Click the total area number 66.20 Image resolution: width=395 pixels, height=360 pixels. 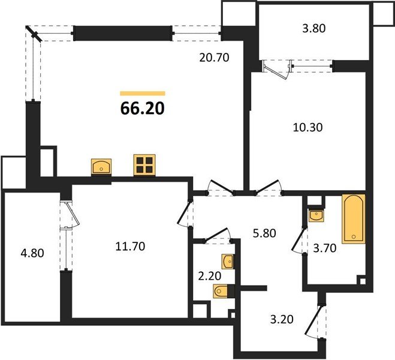coord(143,109)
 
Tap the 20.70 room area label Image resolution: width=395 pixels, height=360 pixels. coord(214,58)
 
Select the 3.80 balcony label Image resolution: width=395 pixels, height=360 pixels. coord(314,28)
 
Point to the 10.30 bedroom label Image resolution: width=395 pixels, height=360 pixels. coord(307,127)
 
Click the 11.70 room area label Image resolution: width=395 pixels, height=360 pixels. coord(130,247)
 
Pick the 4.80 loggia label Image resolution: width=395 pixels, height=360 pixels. coord(32,253)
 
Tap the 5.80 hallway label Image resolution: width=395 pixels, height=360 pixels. coord(264,233)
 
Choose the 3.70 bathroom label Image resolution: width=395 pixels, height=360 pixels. coord(325,248)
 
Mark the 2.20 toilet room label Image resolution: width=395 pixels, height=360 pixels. coord(210,276)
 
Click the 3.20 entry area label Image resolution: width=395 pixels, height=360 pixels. coord(282,319)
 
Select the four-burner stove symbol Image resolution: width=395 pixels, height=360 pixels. coord(144,165)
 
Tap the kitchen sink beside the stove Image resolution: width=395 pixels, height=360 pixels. coord(101,167)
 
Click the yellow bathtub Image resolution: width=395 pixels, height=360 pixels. coord(354,219)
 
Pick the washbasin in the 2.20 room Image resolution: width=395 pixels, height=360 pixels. coord(228,262)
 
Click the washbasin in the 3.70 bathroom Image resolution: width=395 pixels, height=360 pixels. coord(316,215)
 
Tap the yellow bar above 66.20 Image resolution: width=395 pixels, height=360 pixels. coord(143,94)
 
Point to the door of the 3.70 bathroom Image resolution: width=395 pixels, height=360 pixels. coord(298,239)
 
